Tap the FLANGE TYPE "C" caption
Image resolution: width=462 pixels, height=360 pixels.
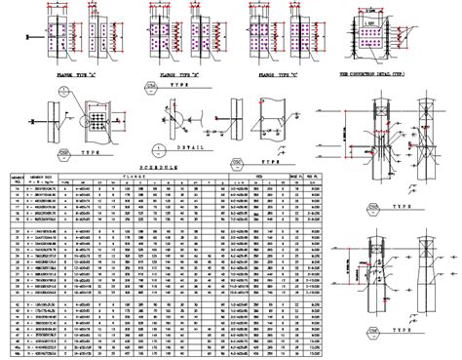[275, 73]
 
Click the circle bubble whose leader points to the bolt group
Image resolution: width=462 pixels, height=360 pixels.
[61, 93]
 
